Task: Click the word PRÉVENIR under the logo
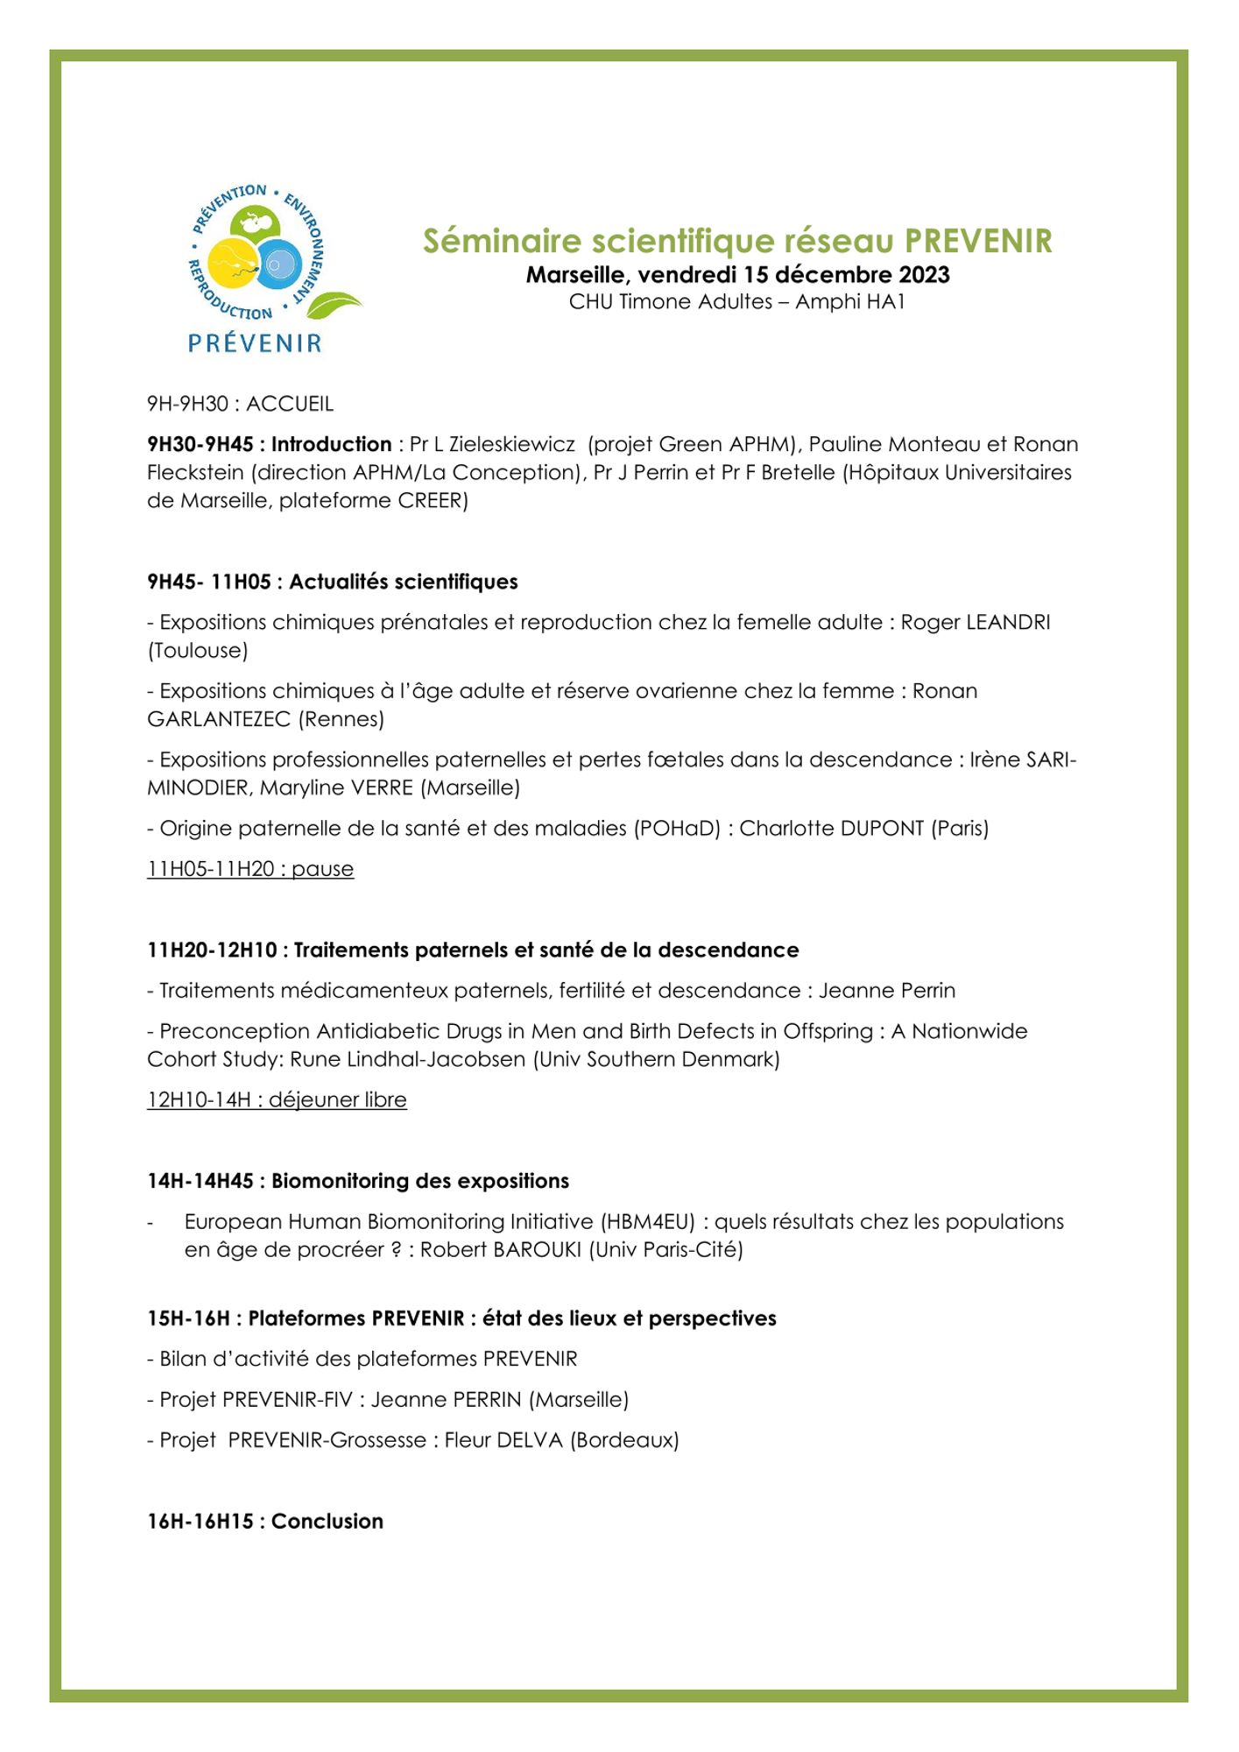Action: (x=255, y=343)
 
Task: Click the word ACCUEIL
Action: (x=290, y=404)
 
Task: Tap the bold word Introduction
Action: (x=331, y=444)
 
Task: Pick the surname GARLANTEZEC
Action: (x=219, y=719)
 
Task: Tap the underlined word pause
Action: (x=322, y=869)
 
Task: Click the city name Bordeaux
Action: (x=624, y=1439)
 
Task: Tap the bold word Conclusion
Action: (x=327, y=1521)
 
